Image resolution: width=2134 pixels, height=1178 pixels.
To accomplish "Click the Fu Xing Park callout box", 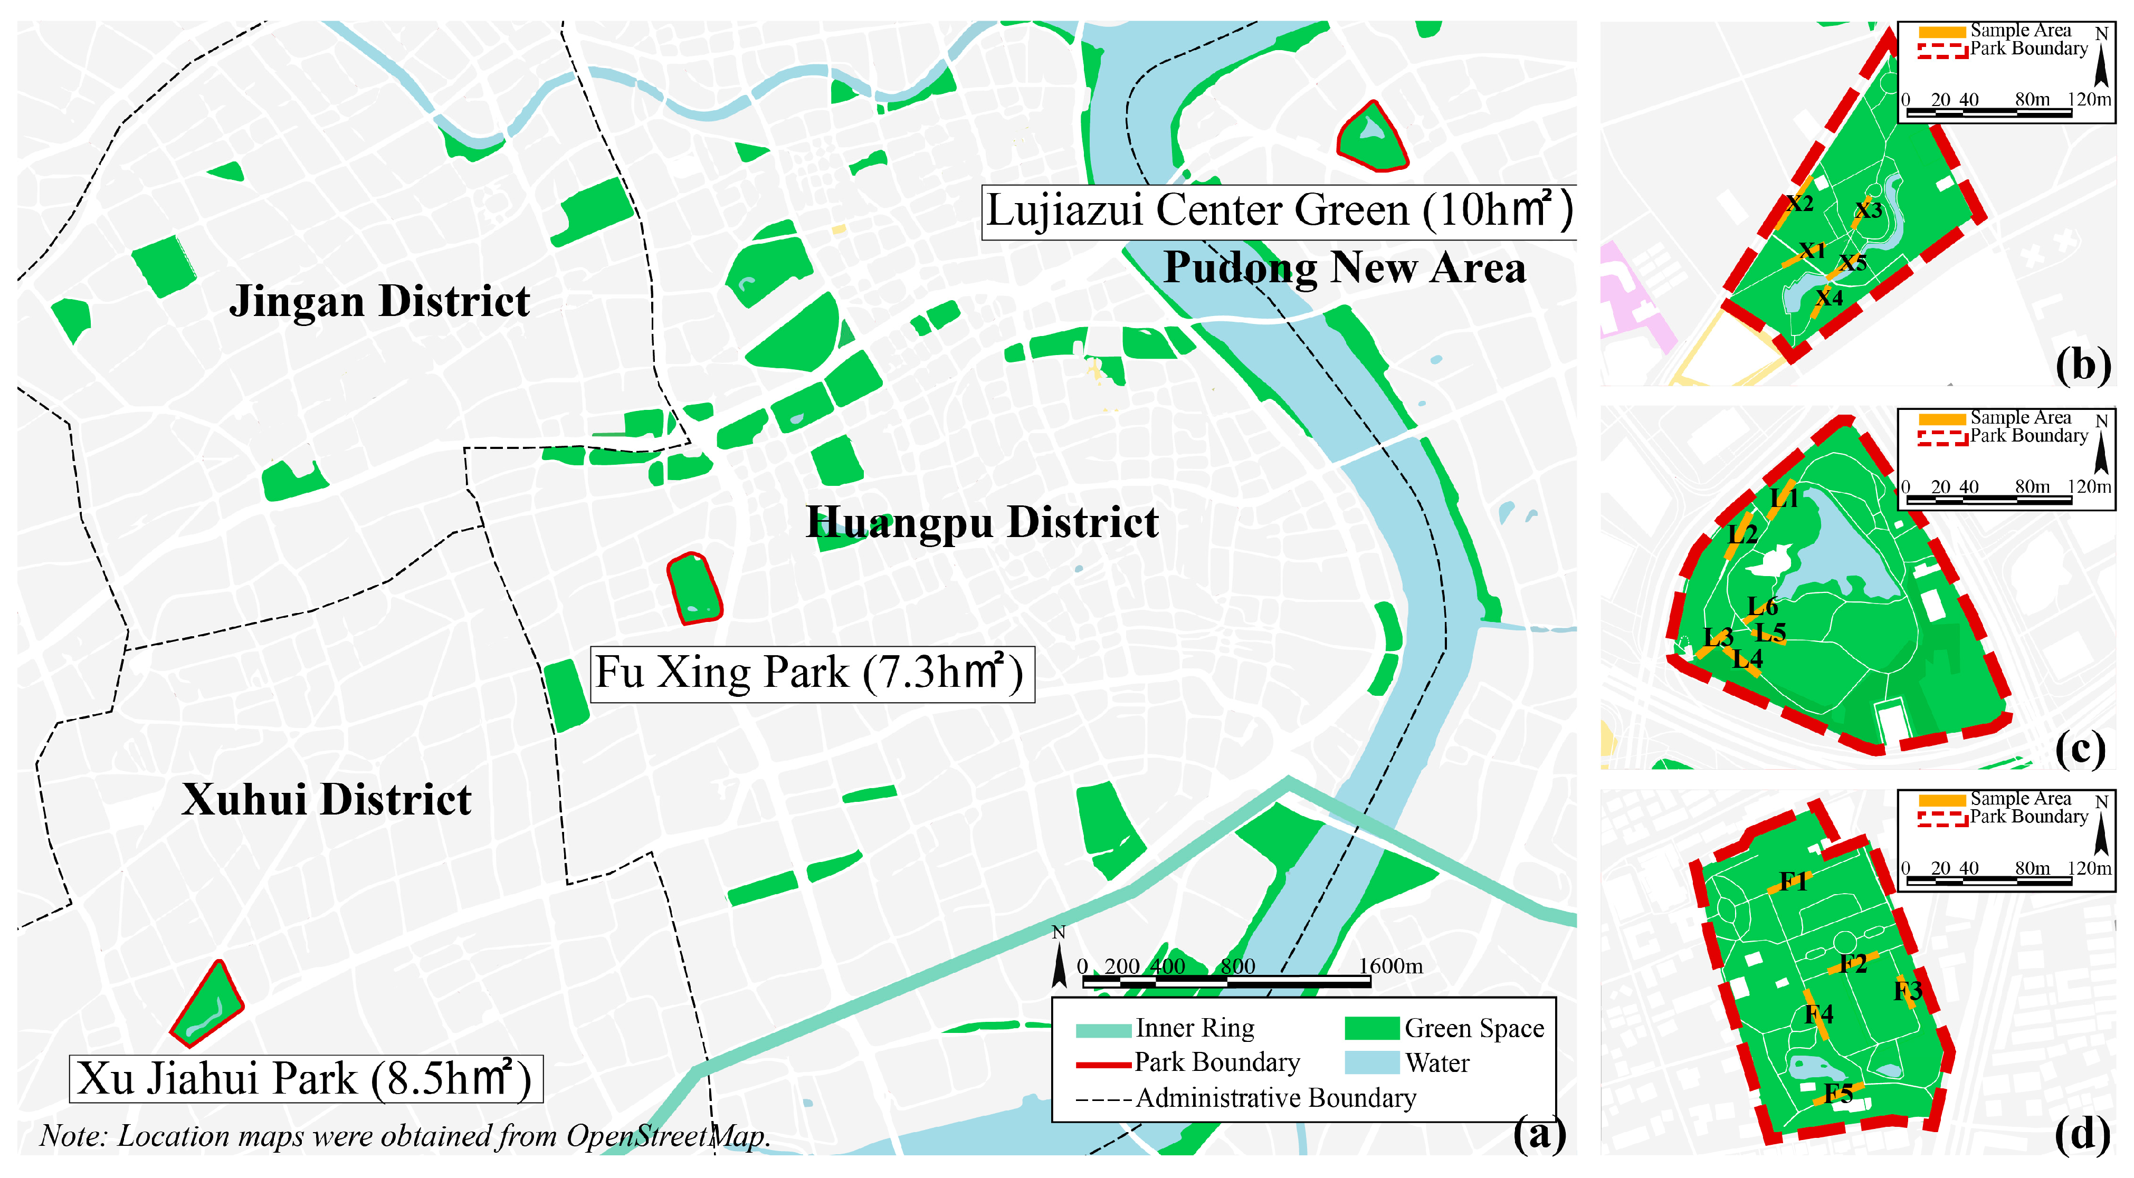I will pyautogui.click(x=812, y=674).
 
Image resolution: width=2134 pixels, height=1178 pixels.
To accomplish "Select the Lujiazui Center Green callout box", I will pyautogui.click(x=1278, y=212).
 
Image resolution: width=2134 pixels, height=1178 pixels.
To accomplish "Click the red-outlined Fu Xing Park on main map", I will pyautogui.click(x=694, y=589).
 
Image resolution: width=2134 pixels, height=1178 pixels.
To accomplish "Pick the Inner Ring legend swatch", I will pyautogui.click(x=1103, y=1030).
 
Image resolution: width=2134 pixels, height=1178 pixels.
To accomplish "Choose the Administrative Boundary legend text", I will pyautogui.click(x=1276, y=1098).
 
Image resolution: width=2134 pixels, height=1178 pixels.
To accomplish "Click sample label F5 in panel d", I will pyautogui.click(x=1838, y=1094).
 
